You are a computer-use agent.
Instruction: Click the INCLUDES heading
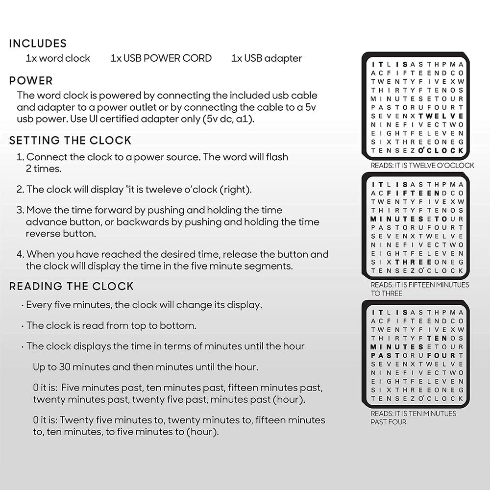tap(38, 43)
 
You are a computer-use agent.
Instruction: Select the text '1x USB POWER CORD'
tap(161, 58)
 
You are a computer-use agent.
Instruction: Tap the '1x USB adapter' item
tap(267, 58)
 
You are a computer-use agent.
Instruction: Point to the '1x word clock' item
tap(58, 58)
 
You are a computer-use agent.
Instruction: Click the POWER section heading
tap(31, 81)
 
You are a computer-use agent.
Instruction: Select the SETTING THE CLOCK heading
tap(70, 141)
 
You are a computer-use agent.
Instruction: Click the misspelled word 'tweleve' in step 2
tap(159, 190)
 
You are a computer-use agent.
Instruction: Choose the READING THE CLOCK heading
tap(72, 286)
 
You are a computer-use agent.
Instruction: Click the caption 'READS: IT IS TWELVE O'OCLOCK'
tap(422, 166)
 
